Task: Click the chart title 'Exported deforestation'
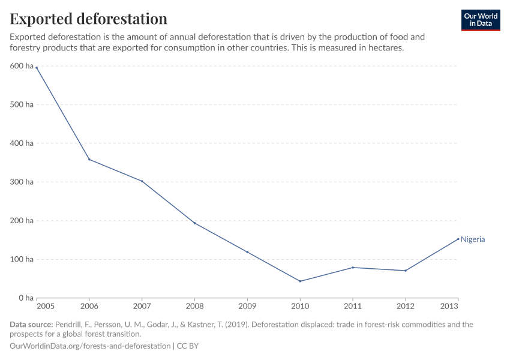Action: [88, 19]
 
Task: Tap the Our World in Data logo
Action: [481, 20]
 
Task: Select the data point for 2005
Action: [37, 68]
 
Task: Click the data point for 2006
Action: [89, 160]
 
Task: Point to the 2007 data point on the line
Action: [142, 181]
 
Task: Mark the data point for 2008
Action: [194, 223]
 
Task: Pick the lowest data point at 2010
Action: [300, 281]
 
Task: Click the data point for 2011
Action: [353, 268]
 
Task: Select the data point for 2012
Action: [406, 271]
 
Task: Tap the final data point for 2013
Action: [458, 239]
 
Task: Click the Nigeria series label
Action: [473, 239]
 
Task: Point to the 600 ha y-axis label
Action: [21, 66]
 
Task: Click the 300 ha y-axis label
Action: [21, 182]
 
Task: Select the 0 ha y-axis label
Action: [25, 298]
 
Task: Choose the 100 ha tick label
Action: [21, 259]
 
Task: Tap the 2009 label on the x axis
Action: [247, 307]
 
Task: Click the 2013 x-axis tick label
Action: [449, 307]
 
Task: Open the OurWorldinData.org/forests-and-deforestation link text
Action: [90, 346]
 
